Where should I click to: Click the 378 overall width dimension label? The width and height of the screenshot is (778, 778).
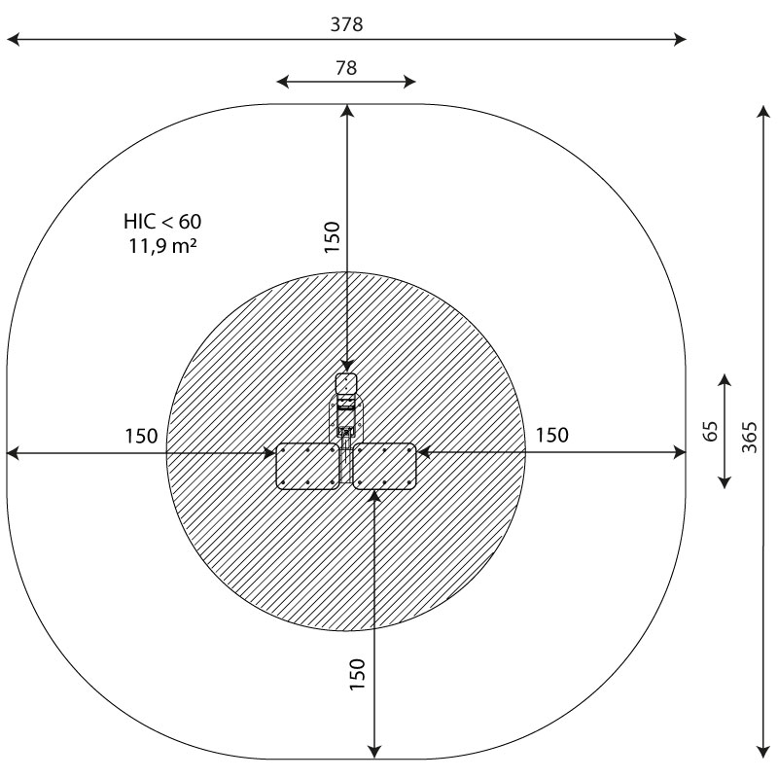click(x=347, y=24)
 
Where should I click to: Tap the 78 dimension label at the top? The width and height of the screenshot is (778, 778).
click(x=346, y=68)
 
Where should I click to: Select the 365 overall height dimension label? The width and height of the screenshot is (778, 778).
click(x=750, y=437)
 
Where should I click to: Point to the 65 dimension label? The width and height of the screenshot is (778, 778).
click(x=711, y=431)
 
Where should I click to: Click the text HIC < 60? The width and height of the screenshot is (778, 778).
click(x=162, y=222)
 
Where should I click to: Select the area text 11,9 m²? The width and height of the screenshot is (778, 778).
click(x=162, y=246)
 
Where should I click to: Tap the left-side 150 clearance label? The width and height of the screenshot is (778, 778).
click(x=141, y=436)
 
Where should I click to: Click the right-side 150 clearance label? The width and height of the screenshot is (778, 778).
click(x=552, y=435)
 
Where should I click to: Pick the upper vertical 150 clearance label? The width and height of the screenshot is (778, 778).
click(x=332, y=237)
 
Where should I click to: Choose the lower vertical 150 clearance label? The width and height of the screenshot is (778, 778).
click(x=357, y=674)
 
